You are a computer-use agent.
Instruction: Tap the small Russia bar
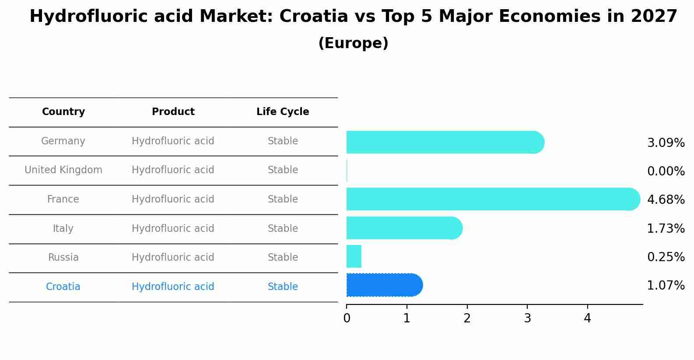354,256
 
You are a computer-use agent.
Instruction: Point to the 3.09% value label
666,143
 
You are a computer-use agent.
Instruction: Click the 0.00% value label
666,171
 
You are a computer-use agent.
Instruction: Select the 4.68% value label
666,200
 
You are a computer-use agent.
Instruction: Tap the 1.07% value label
666,286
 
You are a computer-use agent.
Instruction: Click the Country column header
63,112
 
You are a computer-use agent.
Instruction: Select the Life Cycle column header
283,112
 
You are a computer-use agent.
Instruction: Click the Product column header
173,112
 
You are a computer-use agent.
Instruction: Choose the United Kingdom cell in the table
63,170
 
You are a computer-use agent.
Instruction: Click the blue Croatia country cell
63,287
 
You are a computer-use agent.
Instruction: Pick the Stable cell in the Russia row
283,258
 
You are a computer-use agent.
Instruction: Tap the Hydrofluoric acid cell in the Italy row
173,229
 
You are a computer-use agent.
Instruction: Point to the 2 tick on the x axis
467,318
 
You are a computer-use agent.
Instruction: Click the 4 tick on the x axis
587,318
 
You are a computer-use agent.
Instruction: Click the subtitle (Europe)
353,43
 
